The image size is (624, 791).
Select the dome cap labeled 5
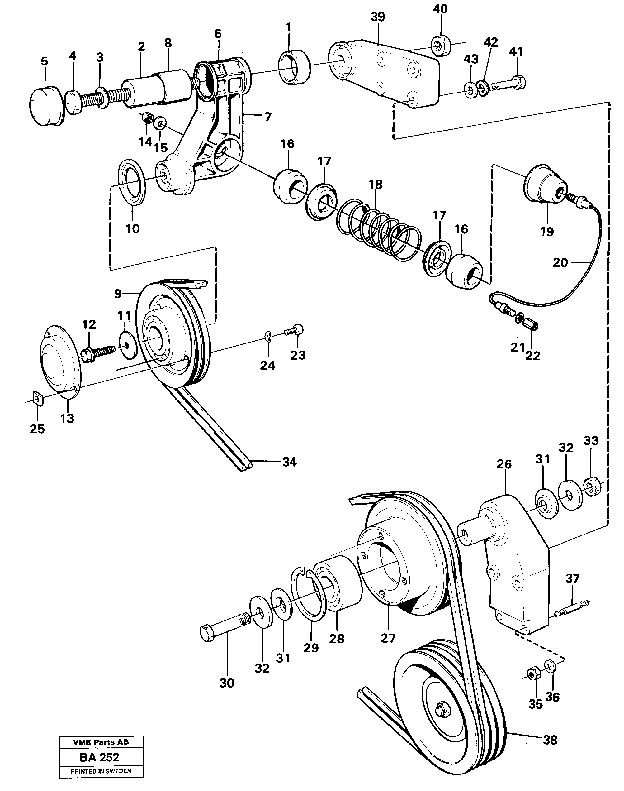[x=46, y=106]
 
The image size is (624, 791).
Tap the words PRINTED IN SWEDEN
[x=101, y=771]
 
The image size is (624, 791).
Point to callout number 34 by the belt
[x=289, y=462]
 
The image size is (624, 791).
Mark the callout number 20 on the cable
[x=560, y=262]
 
